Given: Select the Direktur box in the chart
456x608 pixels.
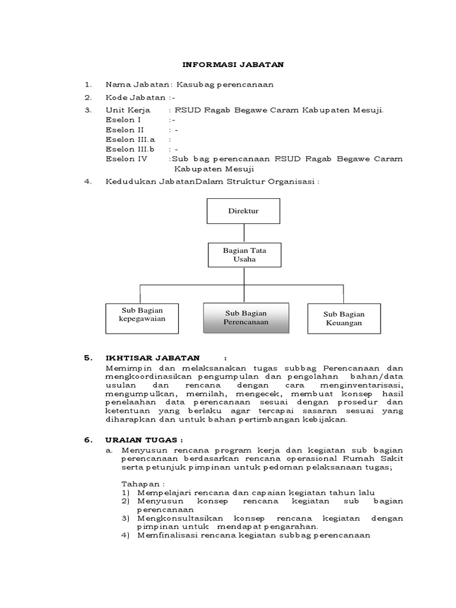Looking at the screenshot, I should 243,211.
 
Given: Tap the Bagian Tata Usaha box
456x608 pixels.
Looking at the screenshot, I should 244,255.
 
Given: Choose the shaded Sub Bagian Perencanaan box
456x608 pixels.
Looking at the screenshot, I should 246,318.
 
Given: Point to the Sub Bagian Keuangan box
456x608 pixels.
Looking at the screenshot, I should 344,318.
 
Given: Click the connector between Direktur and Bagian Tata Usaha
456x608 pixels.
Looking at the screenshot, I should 244,233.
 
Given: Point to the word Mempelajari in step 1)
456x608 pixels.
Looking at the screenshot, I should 163,493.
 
